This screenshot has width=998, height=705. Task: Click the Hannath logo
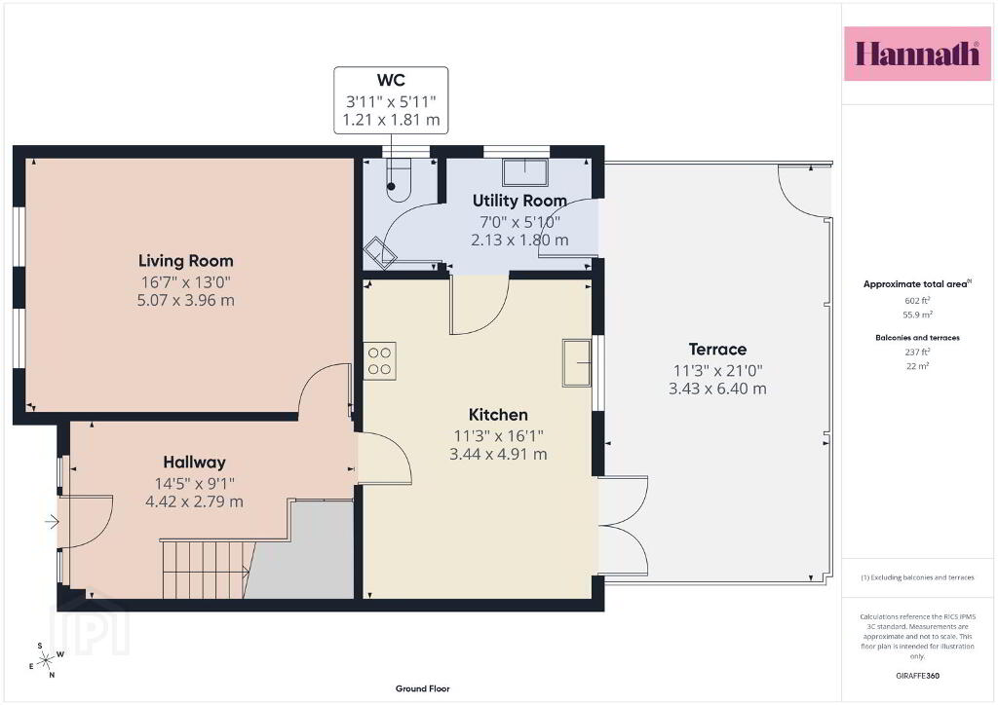[917, 54]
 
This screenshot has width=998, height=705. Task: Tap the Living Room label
[186, 261]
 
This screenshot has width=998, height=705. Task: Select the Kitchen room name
[498, 415]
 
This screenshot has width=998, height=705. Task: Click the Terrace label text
[717, 349]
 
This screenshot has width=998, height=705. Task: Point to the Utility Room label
[519, 201]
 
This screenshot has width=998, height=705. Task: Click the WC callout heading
[391, 80]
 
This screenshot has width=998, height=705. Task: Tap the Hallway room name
[194, 463]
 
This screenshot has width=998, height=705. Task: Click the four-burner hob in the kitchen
[379, 361]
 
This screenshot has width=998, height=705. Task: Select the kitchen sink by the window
[577, 363]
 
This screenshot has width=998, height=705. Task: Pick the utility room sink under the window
[525, 171]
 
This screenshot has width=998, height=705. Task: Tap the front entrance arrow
[52, 523]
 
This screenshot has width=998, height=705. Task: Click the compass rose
[46, 661]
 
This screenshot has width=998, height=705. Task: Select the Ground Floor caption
[423, 688]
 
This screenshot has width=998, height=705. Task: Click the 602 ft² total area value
[917, 301]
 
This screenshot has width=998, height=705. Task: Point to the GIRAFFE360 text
[917, 676]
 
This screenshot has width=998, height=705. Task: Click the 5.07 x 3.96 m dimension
[186, 300]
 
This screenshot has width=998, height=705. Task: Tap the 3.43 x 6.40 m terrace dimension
[717, 389]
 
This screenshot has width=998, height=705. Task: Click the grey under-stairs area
[305, 553]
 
